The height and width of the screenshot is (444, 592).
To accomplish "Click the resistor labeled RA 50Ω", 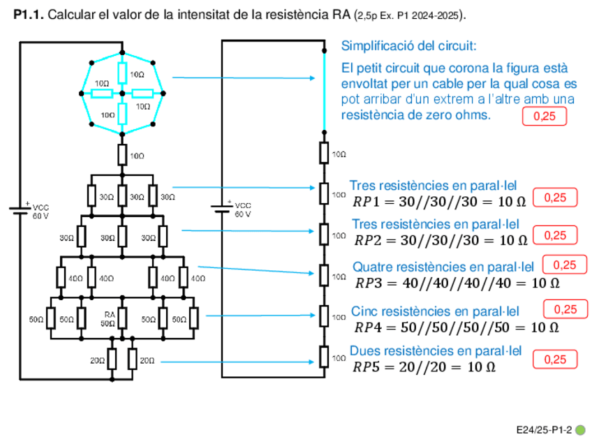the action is click(122, 319).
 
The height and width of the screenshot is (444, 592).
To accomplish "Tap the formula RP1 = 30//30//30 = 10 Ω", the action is click(438, 202).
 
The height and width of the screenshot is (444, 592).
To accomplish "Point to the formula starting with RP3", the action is click(457, 283).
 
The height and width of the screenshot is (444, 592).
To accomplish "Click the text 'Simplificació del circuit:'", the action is click(408, 46).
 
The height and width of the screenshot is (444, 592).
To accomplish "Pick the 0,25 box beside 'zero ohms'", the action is click(545, 117).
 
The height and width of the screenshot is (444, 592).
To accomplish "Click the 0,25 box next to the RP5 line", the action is click(555, 360).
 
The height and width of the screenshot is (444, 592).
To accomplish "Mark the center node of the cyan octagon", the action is click(122, 92).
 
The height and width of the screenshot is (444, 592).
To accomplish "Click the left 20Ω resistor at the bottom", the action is click(112, 360).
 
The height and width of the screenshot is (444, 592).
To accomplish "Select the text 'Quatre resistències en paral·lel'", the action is click(443, 267).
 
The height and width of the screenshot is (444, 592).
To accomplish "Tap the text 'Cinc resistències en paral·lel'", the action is click(434, 311).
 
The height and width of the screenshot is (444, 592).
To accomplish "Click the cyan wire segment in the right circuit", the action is click(324, 91).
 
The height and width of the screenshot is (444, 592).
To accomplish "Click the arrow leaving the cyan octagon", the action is click(244, 78).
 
